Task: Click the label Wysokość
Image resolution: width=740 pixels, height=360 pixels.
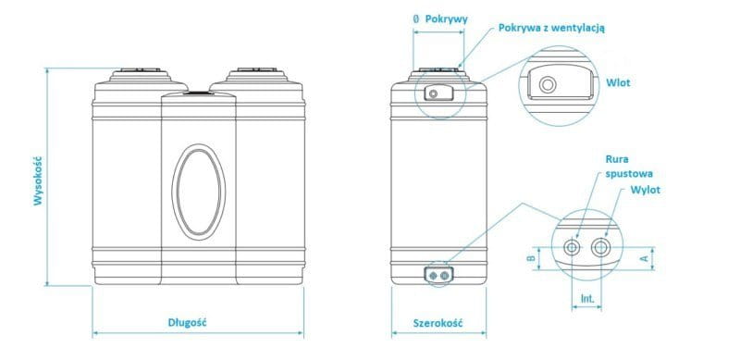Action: [38, 181]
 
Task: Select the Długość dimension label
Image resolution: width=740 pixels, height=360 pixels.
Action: [188, 323]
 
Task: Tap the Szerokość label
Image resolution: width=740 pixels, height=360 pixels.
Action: [438, 324]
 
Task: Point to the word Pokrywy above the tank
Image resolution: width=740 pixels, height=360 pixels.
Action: [446, 19]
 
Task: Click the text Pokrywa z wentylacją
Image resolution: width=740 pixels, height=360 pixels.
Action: [551, 28]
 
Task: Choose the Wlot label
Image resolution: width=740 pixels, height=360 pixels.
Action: [618, 83]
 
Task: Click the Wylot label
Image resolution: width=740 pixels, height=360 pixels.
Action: [645, 190]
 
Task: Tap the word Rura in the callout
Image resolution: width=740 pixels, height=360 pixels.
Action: [617, 160]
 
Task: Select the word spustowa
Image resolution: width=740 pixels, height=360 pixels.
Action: [629, 174]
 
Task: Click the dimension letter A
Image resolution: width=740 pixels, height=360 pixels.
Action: [642, 258]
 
